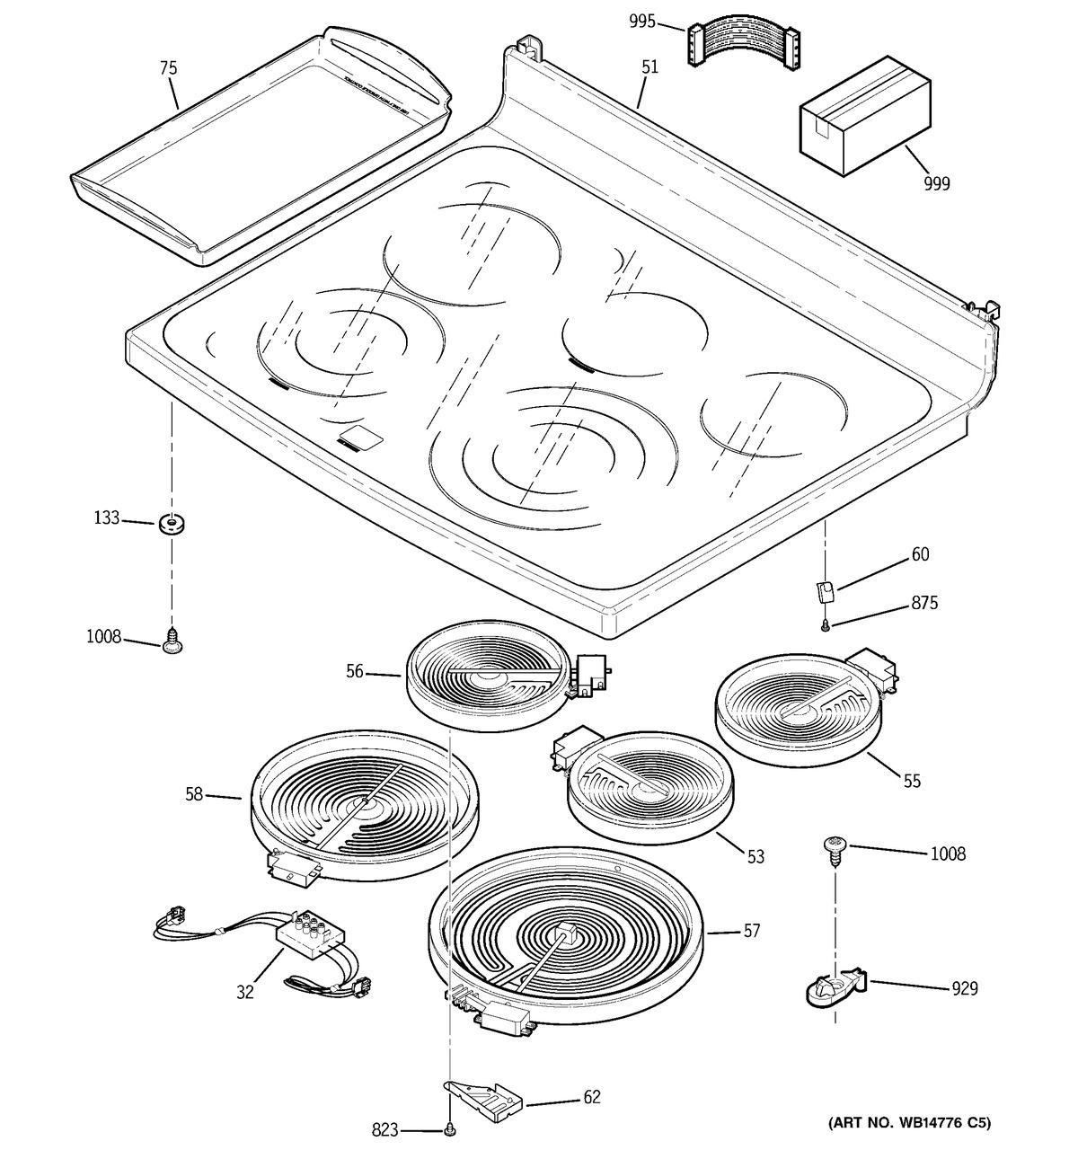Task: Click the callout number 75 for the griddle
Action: coord(168,68)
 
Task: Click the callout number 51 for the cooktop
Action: coord(649,66)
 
